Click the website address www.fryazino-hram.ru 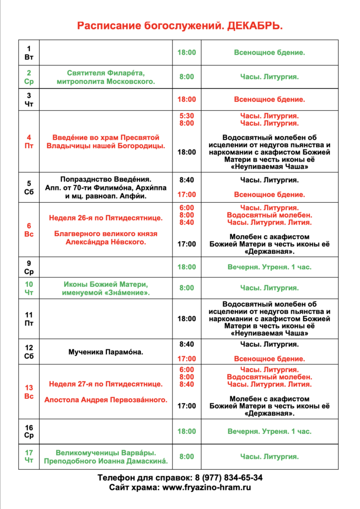(x=207, y=487)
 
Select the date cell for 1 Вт (x=29, y=52)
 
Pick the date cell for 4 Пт (x=29, y=142)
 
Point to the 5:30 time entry (x=186, y=116)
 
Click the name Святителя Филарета (x=105, y=73)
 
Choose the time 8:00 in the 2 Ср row (x=186, y=77)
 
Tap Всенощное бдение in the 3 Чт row (x=270, y=99)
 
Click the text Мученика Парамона (x=105, y=352)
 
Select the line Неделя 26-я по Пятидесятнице (x=105, y=218)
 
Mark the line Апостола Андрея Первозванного (x=105, y=399)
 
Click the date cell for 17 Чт (x=29, y=456)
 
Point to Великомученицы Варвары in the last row (x=105, y=452)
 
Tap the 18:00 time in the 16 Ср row (x=186, y=431)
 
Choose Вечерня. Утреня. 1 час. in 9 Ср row (x=270, y=267)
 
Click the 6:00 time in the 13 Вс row (x=186, y=370)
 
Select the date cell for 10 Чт (x=29, y=288)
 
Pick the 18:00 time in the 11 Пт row (x=186, y=319)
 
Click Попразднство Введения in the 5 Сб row (x=105, y=179)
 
